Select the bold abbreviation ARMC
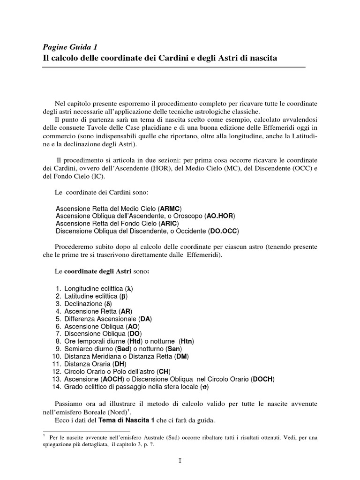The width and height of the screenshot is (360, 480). pos(170,208)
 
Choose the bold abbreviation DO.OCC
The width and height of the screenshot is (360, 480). pos(223,231)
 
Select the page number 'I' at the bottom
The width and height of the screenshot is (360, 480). pos(180,461)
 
